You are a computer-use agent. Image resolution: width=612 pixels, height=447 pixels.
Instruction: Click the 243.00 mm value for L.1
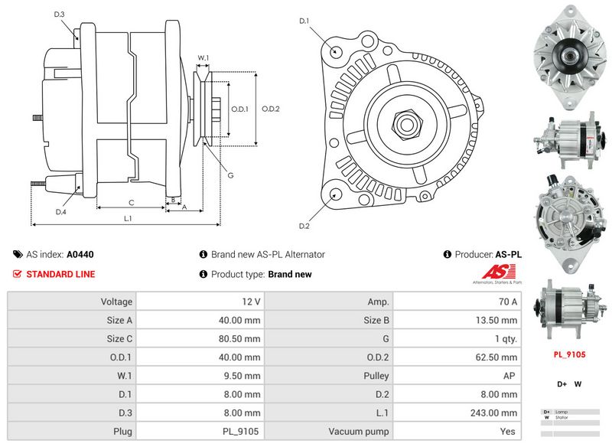496,413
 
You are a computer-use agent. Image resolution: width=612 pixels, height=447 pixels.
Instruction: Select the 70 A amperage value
506,302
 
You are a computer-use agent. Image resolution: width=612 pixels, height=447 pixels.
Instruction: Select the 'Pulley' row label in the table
376,376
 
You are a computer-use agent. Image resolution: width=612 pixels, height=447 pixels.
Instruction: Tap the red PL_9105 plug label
568,355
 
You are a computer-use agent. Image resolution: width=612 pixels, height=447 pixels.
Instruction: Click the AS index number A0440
80,254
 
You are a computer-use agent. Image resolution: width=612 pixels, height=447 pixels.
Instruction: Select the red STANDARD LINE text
61,274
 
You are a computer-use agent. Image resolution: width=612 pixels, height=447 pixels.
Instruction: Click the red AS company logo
500,272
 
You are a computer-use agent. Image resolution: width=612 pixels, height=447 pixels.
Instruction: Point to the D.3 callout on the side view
60,15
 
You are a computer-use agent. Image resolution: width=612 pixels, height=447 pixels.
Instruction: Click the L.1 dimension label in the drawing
129,219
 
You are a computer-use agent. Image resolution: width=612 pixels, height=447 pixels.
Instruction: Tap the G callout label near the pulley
230,175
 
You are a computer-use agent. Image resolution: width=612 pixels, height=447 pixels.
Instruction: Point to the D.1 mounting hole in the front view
336,51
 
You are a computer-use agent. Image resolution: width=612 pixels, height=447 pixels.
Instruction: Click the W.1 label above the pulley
203,57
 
